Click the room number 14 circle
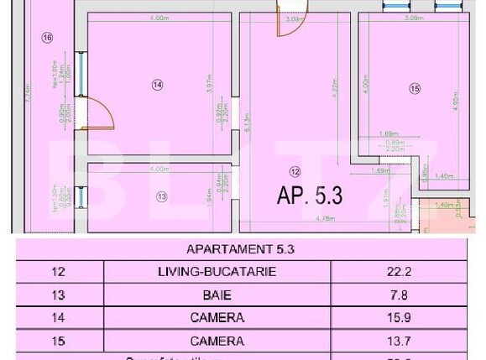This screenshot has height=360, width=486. (157, 84)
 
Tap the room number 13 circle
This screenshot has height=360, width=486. (161, 196)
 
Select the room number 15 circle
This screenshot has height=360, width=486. (414, 88)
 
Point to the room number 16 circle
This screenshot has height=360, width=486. (46, 37)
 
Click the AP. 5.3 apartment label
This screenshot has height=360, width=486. (309, 196)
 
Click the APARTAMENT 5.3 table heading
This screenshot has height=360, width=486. (240, 249)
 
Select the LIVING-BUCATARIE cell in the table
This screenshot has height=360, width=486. (217, 272)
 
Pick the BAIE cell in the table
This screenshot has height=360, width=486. (217, 295)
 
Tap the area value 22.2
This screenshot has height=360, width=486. (399, 272)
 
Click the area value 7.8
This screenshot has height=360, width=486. (399, 295)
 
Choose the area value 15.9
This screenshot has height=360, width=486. (399, 318)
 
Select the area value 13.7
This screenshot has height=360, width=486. (399, 342)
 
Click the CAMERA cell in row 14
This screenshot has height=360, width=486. (217, 318)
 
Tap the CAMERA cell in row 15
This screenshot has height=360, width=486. (217, 342)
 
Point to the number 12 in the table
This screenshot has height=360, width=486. (58, 272)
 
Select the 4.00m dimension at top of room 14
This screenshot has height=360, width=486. (157, 18)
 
